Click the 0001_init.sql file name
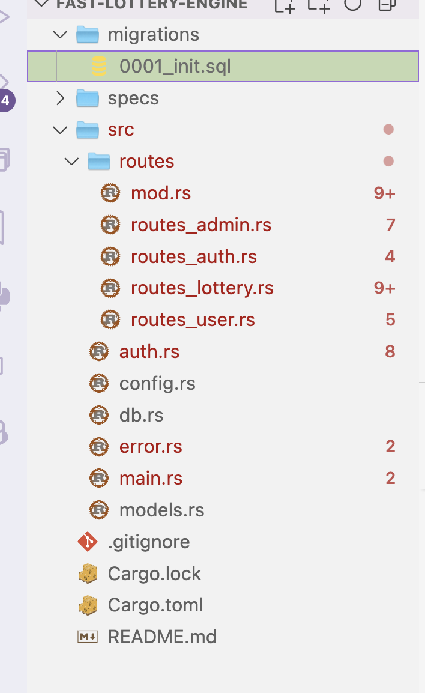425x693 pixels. [x=175, y=66]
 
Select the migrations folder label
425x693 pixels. [x=153, y=35]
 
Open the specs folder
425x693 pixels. [x=133, y=98]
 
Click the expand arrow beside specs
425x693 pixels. [x=60, y=98]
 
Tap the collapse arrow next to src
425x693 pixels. [x=60, y=130]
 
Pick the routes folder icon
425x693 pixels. [x=99, y=162]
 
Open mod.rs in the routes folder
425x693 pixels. [x=161, y=193]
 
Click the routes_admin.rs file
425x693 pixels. [x=201, y=225]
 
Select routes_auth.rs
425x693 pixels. [x=194, y=257]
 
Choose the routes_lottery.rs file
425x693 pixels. [x=202, y=288]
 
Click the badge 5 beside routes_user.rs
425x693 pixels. [x=390, y=320]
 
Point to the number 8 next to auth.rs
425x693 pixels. [x=390, y=351]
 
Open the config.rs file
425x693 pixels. [x=157, y=383]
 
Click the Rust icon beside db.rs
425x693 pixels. [x=99, y=415]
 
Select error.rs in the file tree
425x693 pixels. [x=151, y=447]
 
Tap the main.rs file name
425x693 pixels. [x=151, y=479]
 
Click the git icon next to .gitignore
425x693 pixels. [x=88, y=542]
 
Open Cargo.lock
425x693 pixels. [x=154, y=573]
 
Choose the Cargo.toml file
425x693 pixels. [x=155, y=605]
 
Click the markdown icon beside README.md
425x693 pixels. [x=88, y=637]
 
